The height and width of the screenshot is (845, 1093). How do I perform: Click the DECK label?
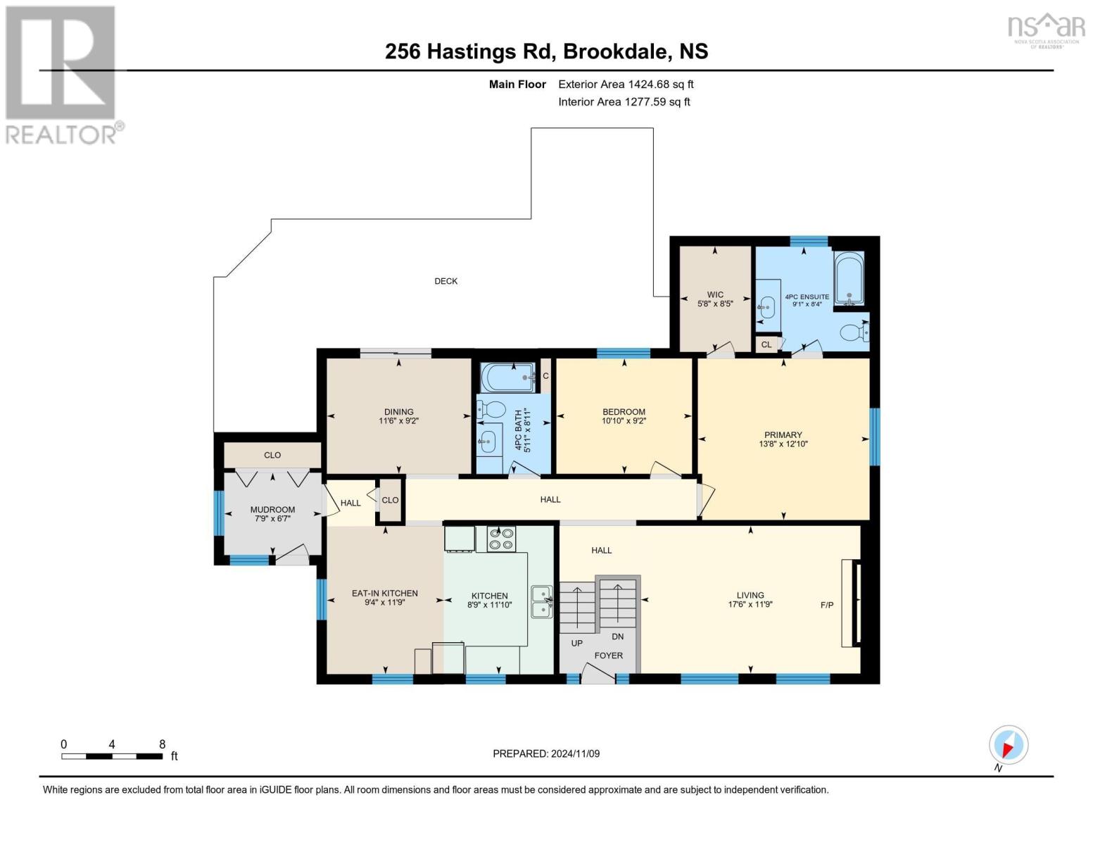point(446,281)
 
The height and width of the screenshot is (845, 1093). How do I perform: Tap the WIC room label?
point(714,295)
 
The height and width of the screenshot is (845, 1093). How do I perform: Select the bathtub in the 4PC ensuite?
point(849,279)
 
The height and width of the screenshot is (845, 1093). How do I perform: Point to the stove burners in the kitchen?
point(501,539)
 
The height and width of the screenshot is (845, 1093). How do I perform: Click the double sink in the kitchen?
point(542,601)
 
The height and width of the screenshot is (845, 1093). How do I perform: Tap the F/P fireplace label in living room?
point(827,605)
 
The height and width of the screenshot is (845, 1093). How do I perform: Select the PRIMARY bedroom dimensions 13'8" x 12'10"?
point(783,444)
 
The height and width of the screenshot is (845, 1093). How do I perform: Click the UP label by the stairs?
point(576,643)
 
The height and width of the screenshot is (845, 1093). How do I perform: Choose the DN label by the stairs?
point(617,637)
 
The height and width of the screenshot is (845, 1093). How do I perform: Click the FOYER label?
point(608,656)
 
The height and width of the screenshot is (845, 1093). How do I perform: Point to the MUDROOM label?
point(272,509)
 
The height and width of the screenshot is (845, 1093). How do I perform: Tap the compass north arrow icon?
point(1008,746)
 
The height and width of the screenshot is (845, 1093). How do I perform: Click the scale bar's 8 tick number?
point(162,744)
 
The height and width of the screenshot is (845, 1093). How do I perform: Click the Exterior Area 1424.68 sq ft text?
point(626,84)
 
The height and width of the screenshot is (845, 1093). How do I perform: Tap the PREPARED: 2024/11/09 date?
point(545,753)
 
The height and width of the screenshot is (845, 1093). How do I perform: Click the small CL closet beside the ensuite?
point(766,344)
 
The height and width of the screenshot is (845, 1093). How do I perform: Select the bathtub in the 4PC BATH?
point(508,377)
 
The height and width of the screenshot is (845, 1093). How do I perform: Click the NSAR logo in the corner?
point(1047,28)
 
